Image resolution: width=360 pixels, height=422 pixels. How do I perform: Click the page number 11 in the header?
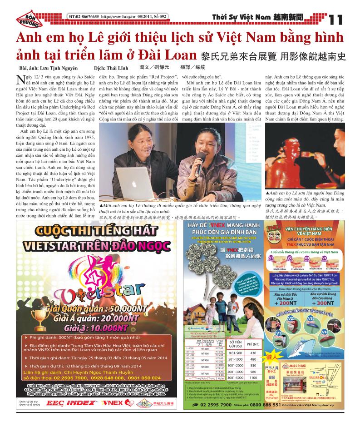(336, 20)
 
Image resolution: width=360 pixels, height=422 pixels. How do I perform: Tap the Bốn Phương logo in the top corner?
(28, 18)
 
